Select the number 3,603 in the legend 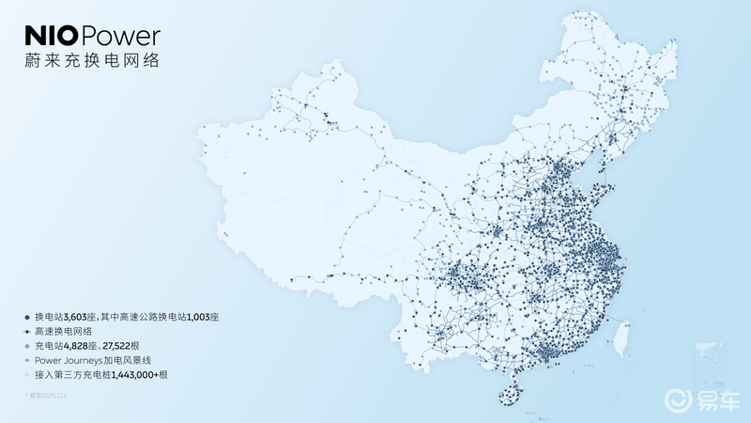point(82,319)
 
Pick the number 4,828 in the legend point(82,347)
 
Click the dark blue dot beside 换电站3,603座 point(27,319)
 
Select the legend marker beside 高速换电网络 point(27,333)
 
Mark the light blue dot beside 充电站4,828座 point(27,347)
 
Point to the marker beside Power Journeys point(27,361)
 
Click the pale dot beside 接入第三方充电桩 point(27,375)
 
